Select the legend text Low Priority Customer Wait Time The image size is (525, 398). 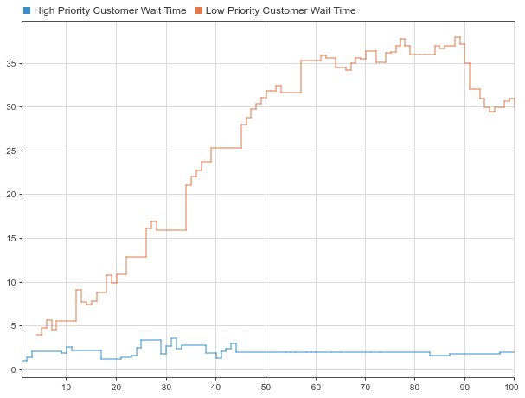281,10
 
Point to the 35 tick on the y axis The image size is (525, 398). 10,63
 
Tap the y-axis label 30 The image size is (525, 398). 10,107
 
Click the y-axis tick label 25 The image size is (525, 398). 10,151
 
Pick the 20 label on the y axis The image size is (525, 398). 10,195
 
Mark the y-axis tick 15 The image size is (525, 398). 10,238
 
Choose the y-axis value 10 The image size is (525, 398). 10,282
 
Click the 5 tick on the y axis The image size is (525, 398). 13,326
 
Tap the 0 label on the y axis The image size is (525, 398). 13,369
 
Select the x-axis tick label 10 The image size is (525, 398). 67,387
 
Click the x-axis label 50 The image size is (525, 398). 266,387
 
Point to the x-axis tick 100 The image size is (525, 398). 514,387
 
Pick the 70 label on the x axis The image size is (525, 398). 366,387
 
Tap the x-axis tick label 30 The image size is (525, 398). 166,387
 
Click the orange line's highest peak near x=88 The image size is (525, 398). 457,37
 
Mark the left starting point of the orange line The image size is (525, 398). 36,334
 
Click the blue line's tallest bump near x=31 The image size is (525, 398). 173,338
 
